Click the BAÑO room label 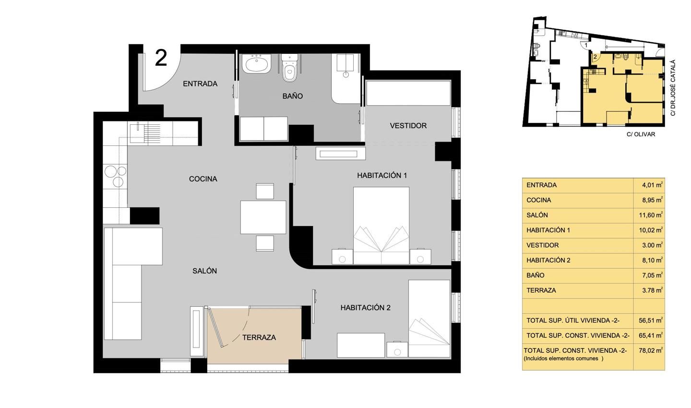292,96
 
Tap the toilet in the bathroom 289,68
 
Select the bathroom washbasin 256,64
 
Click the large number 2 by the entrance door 161,58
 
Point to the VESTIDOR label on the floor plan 408,126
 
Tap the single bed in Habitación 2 429,319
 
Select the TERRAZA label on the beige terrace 259,337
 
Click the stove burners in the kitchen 116,176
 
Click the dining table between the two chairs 263,217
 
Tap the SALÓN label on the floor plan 204,271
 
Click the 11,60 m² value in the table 651,215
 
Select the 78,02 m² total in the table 651,350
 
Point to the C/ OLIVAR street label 641,134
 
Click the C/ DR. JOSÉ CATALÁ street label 673,88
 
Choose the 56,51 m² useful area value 651,321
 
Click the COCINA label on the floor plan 203,179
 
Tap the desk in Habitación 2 361,345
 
